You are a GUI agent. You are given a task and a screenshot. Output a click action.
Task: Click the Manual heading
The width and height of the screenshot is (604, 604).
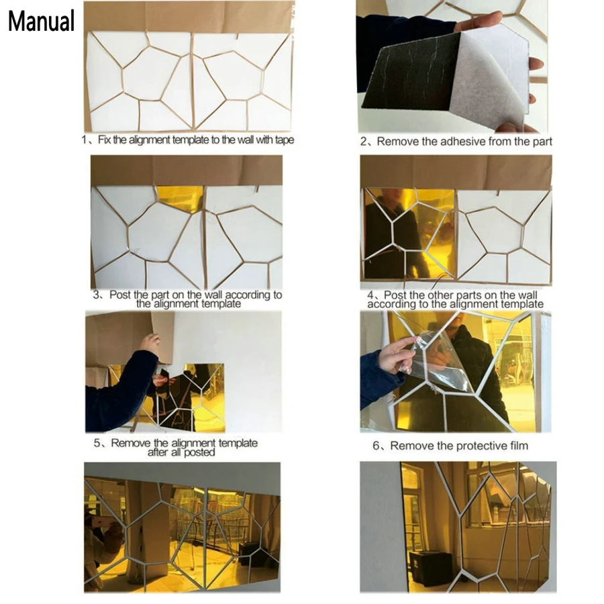pyautogui.click(x=41, y=21)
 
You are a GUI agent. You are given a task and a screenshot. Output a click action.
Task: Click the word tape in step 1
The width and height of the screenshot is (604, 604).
pyautogui.click(x=285, y=140)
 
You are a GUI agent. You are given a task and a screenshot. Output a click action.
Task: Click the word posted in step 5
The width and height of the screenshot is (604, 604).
pyautogui.click(x=199, y=452)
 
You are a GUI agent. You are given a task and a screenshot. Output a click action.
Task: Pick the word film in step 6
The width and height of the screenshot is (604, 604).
pyautogui.click(x=519, y=446)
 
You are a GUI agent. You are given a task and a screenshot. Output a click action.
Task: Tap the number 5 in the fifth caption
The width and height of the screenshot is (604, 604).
pyautogui.click(x=97, y=443)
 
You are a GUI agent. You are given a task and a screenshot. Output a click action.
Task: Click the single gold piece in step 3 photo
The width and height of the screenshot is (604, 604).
pyautogui.click(x=181, y=198)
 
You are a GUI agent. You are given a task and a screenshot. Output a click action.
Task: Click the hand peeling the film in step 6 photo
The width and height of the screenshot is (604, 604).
pyautogui.click(x=397, y=354)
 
